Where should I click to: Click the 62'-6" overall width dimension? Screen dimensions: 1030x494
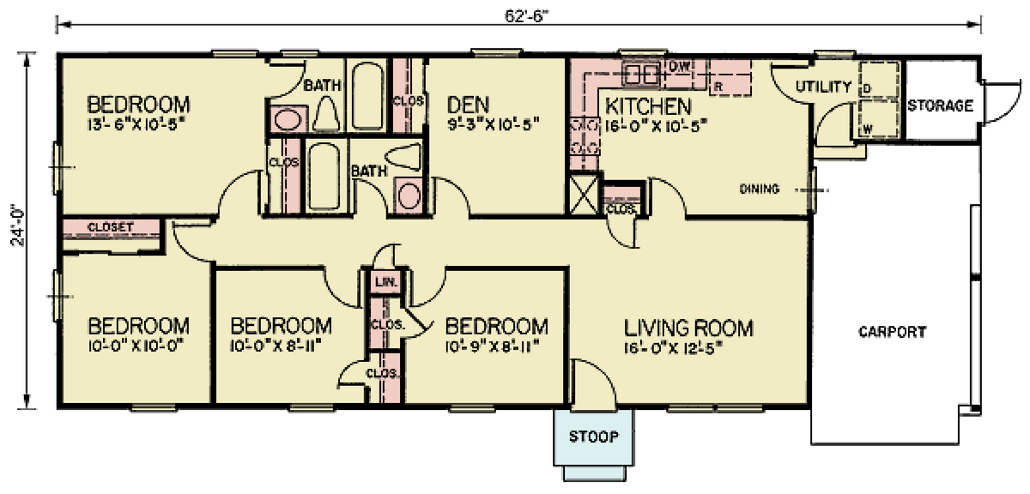527,16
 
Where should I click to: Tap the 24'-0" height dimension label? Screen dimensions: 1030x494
19,225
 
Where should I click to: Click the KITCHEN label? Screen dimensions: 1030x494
648,106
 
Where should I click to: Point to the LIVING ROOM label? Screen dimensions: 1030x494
688,328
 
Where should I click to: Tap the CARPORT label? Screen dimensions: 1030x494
893,332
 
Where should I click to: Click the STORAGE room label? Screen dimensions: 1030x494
941,105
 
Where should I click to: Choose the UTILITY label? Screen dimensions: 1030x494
823,87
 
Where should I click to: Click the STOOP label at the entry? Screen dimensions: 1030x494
594,436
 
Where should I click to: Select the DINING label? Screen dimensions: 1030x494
759,189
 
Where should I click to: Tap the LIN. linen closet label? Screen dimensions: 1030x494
386,281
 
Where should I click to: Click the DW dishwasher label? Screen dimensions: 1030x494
679,66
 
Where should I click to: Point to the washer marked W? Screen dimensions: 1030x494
867,130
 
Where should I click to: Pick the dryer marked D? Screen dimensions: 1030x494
867,88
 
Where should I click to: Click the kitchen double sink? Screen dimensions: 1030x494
641,75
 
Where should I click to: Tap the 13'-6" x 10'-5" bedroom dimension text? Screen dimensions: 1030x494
138,125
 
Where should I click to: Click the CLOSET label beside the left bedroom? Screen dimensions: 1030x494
111,227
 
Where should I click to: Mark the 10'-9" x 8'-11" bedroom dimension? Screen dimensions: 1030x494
492,346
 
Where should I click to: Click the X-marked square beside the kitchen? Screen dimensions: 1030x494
584,195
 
